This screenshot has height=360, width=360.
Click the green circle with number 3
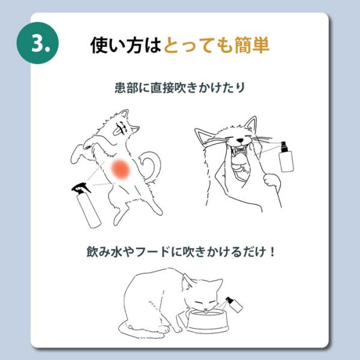tap(38, 43)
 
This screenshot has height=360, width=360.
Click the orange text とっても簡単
tap(217, 45)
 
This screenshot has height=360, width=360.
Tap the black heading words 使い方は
tap(126, 45)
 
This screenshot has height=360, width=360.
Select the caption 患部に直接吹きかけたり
tap(180, 88)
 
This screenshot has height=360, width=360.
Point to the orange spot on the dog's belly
tap(121, 169)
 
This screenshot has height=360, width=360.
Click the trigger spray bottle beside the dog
tap(86, 205)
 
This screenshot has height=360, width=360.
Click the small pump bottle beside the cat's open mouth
tap(286, 157)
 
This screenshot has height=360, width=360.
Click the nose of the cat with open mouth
tap(240, 140)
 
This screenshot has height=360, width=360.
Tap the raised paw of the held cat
tap(272, 179)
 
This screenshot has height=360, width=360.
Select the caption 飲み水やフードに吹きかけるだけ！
tap(181, 251)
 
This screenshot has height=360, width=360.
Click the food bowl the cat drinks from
tap(207, 320)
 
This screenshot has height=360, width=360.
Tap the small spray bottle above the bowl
tap(234, 304)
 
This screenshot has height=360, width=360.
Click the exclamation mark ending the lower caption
tap(272, 251)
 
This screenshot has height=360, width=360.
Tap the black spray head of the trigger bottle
tap(80, 188)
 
